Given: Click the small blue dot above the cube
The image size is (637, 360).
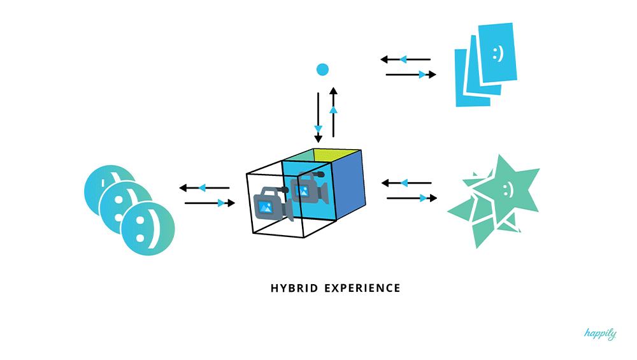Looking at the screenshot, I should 322,69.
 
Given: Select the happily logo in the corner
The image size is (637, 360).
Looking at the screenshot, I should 600,334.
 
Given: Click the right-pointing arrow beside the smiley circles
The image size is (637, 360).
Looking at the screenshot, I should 210,203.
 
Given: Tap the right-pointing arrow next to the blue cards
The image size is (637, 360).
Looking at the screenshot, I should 411,75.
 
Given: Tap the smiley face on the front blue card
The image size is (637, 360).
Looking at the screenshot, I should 497,54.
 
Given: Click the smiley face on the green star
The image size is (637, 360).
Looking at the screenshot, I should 507,189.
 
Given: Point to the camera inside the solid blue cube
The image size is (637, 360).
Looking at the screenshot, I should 309,189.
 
